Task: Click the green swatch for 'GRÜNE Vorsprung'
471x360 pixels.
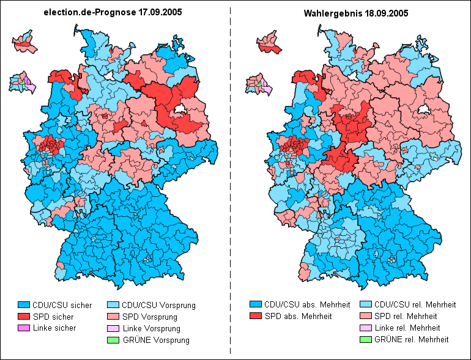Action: [113, 340]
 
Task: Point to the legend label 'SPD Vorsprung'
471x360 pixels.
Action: [149, 317]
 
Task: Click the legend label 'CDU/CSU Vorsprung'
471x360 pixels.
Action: [158, 304]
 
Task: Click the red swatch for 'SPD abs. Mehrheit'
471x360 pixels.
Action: [256, 316]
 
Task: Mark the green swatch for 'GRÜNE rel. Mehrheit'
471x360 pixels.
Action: [365, 339]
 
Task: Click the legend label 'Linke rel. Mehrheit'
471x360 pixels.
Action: [407, 328]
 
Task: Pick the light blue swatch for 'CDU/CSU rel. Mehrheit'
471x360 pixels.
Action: [365, 304]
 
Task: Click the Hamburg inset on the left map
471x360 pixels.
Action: [24, 42]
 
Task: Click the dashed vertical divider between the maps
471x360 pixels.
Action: [230, 183]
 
